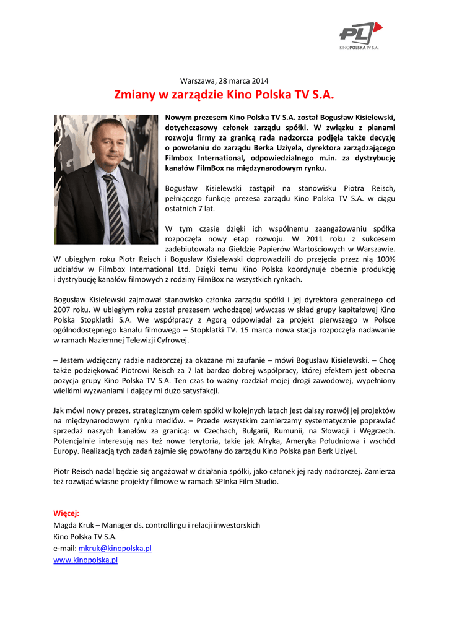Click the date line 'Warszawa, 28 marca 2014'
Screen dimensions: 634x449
tap(224, 81)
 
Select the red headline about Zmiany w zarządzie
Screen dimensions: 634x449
tap(224, 95)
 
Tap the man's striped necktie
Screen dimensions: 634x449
tap(115, 208)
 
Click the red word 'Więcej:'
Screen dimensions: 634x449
tap(66, 513)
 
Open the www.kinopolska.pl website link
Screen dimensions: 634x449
tap(85, 560)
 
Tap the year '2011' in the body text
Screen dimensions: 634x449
tap(302, 238)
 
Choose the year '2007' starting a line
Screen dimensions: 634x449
tap(63, 309)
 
